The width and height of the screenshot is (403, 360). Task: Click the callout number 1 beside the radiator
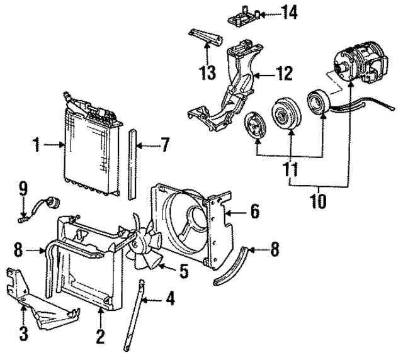pyautogui.click(x=36, y=147)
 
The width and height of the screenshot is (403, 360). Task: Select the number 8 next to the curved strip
pyautogui.click(x=274, y=250)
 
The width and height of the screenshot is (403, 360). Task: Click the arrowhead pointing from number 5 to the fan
pyautogui.click(x=157, y=266)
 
